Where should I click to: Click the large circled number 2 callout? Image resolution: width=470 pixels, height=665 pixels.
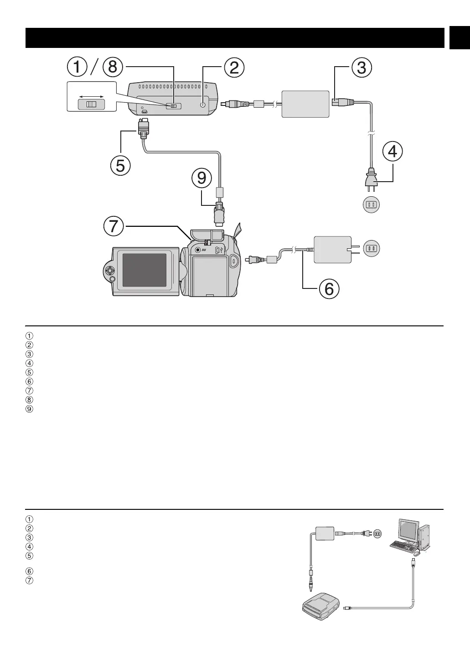[234, 68]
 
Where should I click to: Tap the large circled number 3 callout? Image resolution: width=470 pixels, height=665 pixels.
[361, 68]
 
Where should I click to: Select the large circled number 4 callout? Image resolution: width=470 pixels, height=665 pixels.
[392, 152]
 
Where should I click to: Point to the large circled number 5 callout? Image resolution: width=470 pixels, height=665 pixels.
[120, 165]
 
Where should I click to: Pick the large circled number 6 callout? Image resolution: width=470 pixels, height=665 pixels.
[329, 288]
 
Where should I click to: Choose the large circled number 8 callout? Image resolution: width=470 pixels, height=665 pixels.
[113, 68]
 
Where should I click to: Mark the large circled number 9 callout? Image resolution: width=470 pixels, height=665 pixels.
[201, 178]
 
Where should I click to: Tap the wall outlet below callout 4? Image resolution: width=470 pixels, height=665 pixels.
[371, 205]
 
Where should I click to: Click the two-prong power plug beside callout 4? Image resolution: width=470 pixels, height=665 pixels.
[372, 179]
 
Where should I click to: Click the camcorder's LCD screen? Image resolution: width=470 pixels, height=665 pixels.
[145, 270]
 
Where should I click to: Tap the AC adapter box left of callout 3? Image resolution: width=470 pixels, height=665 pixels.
[305, 104]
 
